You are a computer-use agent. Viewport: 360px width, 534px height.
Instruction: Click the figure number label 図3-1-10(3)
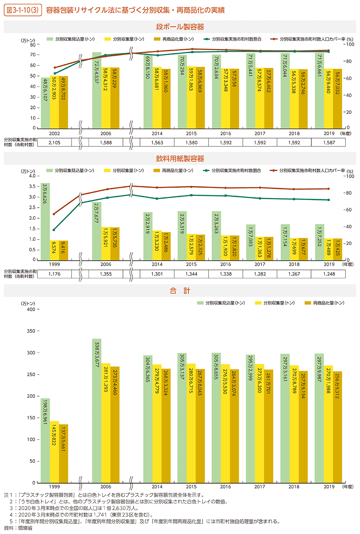click(x=22, y=10)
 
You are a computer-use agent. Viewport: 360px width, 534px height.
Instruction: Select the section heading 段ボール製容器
click(x=180, y=27)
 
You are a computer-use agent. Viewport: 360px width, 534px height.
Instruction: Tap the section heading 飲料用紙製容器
click(x=180, y=159)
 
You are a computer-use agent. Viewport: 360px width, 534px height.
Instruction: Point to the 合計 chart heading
click(x=180, y=291)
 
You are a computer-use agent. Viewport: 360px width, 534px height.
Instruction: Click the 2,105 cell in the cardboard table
click(x=54, y=142)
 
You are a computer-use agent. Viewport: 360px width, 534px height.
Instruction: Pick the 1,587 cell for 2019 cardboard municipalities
click(x=329, y=142)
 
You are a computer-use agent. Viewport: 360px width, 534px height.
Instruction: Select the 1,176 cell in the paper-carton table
click(x=54, y=274)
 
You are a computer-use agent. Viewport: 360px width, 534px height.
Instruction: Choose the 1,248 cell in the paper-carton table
click(x=329, y=274)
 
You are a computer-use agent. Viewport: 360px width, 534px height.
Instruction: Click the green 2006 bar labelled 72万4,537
click(x=97, y=91)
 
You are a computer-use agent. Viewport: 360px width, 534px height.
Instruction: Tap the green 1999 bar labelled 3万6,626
click(x=45, y=222)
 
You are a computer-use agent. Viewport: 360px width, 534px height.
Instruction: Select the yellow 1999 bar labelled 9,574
click(x=54, y=250)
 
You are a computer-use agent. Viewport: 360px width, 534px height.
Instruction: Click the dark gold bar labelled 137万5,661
click(x=63, y=454)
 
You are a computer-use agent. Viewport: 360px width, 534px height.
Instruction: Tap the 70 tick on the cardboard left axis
click(x=33, y=55)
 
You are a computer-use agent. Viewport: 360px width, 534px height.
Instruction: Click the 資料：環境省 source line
click(x=18, y=528)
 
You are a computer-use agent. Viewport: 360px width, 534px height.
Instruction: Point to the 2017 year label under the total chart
click(x=260, y=487)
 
